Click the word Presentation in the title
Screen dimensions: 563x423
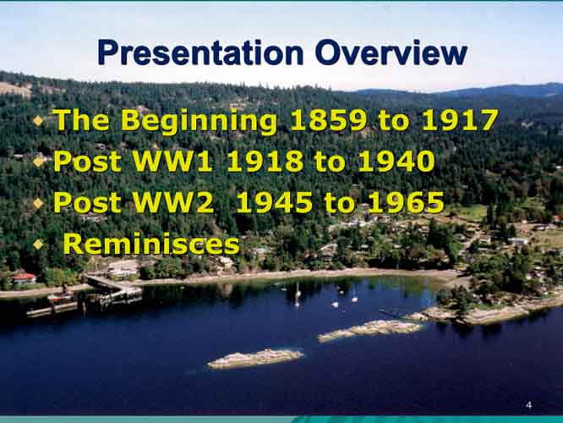(x=200, y=52)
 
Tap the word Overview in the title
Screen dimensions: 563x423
(x=391, y=52)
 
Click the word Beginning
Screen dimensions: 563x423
(x=199, y=121)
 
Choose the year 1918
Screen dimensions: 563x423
(x=265, y=161)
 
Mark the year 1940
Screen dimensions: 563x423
(x=396, y=161)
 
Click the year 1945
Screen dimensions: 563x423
(x=275, y=202)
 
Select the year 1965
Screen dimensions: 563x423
(x=406, y=202)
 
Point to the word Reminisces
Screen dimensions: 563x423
(x=151, y=244)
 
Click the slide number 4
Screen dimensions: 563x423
(x=528, y=405)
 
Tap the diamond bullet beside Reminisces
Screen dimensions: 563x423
(x=38, y=244)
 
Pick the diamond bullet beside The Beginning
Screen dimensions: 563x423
(x=38, y=121)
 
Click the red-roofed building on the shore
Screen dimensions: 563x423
(x=24, y=279)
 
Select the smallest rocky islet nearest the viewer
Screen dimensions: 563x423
(x=255, y=359)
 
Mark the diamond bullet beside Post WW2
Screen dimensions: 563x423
(x=38, y=203)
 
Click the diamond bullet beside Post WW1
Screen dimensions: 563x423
(x=38, y=162)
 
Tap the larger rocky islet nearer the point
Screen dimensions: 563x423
(x=370, y=330)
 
